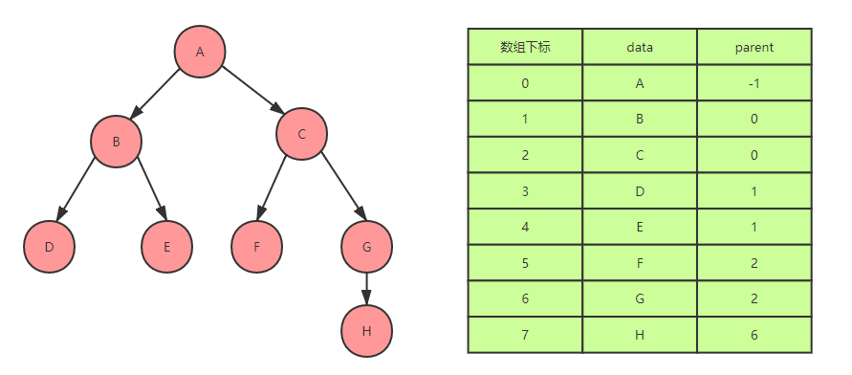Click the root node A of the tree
[200, 52]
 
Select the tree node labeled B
[116, 142]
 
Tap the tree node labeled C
[301, 133]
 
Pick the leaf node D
[49, 246]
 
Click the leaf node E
[166, 246]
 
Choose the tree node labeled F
[256, 246]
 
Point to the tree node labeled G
[366, 246]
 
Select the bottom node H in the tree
[366, 331]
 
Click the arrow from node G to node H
[366, 288]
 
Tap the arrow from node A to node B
[158, 97]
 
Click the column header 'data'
[640, 47]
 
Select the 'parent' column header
[754, 47]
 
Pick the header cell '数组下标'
[525, 47]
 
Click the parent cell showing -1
[754, 83]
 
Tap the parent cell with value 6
[754, 334]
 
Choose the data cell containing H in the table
[640, 334]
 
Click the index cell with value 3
[525, 190]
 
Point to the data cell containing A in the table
[640, 83]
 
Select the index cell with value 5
[525, 262]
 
